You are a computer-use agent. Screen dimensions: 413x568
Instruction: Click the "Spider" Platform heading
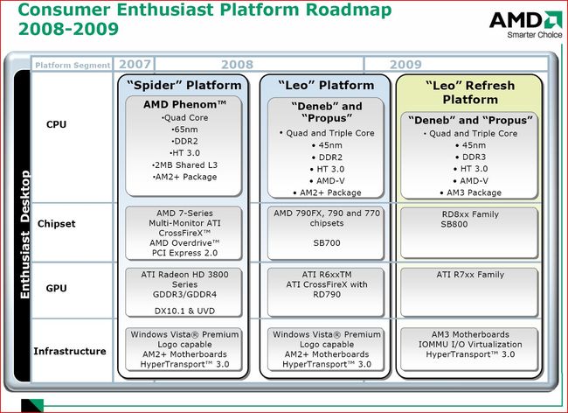point(184,86)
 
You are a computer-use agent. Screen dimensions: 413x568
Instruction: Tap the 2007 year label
point(135,64)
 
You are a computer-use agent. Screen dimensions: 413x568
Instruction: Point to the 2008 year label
point(237,64)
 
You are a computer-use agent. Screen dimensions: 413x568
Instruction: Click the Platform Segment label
point(72,65)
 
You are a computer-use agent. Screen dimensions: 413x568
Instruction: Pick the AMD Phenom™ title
point(184,104)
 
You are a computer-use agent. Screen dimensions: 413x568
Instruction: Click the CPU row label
point(56,125)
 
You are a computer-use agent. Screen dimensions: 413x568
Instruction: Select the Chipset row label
point(57,223)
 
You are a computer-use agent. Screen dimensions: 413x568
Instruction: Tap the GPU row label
point(56,287)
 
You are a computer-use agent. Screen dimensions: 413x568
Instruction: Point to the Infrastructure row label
point(70,352)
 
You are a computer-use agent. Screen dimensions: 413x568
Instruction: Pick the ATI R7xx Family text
point(470,275)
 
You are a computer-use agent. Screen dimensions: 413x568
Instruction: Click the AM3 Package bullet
point(470,192)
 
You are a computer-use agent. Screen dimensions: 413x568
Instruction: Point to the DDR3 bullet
point(470,157)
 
